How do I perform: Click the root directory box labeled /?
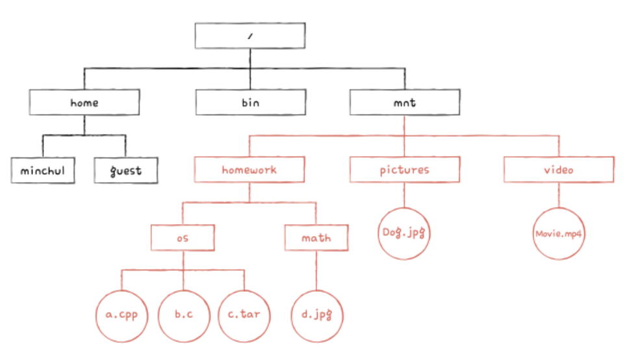click(x=250, y=36)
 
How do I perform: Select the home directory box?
click(x=84, y=102)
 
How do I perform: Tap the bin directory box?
click(x=250, y=102)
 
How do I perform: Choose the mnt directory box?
click(x=404, y=102)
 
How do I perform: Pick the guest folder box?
click(x=125, y=171)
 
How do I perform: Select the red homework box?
click(x=250, y=170)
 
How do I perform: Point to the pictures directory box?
click(x=404, y=170)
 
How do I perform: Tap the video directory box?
click(x=559, y=170)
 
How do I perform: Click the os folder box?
click(x=183, y=238)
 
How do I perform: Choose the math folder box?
click(x=316, y=238)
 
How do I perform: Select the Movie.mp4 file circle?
click(x=559, y=233)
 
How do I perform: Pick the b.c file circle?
click(x=184, y=315)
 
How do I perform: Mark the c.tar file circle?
click(x=245, y=315)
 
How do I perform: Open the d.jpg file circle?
click(x=316, y=315)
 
